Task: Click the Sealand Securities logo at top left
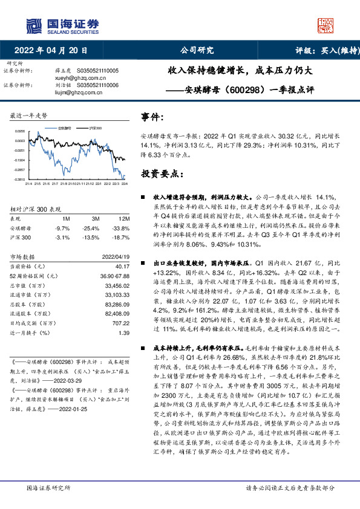61,25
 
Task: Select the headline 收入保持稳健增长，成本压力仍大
241,71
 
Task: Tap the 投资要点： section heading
162,173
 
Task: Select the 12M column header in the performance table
125,218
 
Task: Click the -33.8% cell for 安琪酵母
122,229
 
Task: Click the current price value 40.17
123,266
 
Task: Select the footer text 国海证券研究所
45,488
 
